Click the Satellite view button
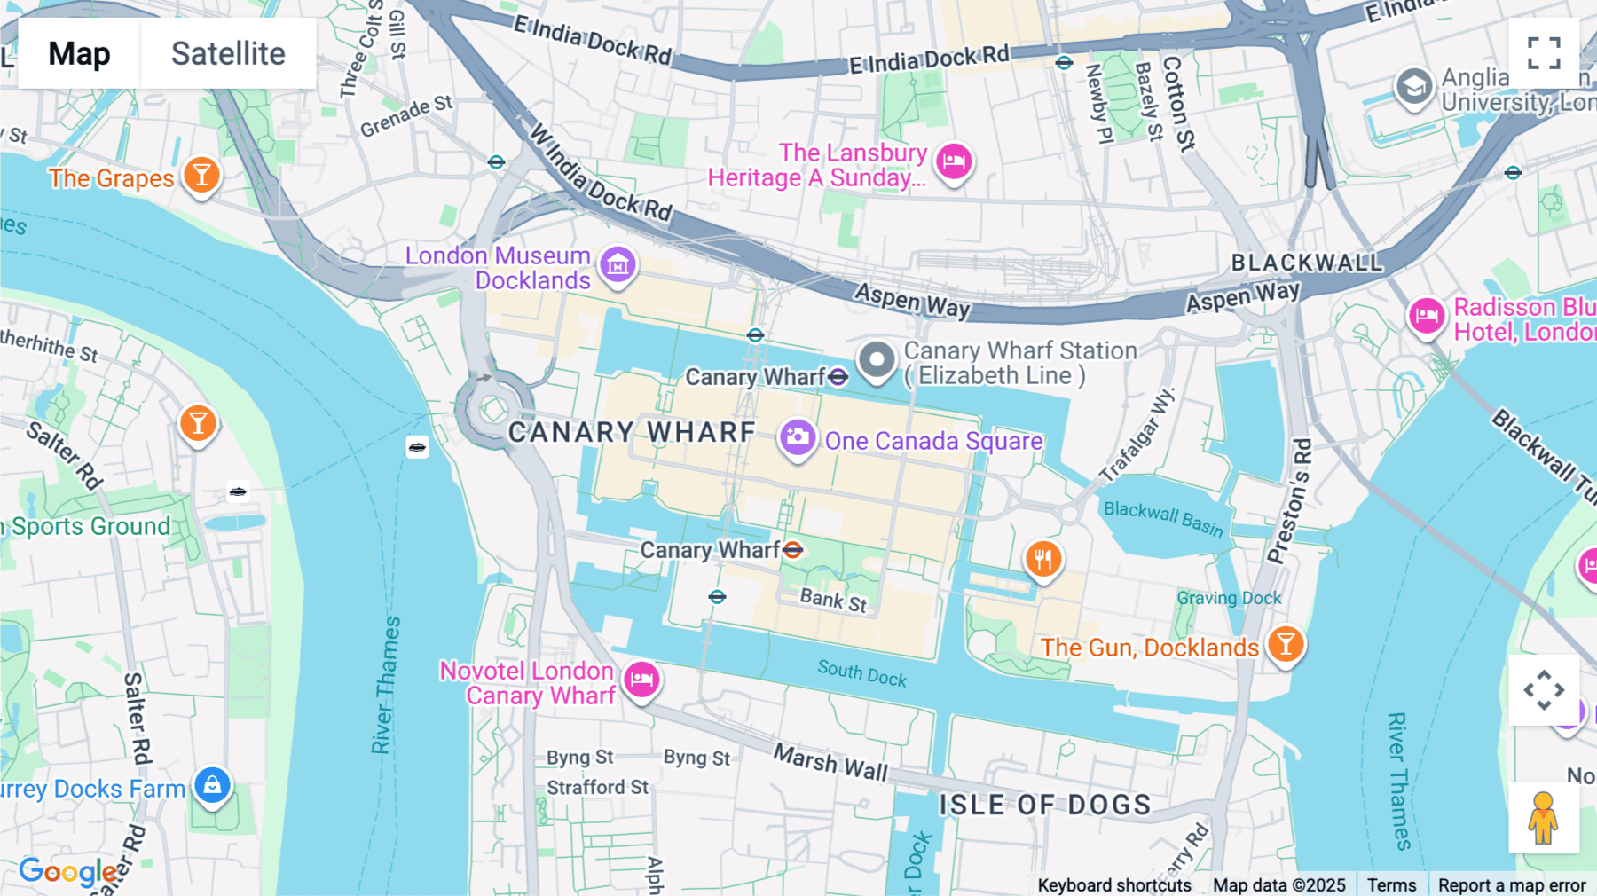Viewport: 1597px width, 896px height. (x=228, y=53)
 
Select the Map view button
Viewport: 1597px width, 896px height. (x=79, y=53)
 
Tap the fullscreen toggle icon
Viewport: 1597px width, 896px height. (x=1544, y=53)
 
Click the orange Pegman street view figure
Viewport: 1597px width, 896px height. (x=1543, y=818)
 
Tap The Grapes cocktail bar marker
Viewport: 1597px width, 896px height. (x=201, y=175)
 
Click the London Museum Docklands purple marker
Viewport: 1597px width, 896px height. (x=618, y=264)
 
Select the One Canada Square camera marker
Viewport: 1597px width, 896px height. (x=797, y=437)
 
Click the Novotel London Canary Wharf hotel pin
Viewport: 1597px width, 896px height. (x=641, y=680)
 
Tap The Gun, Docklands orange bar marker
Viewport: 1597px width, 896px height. (x=1285, y=644)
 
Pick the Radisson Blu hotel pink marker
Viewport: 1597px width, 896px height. (x=1426, y=316)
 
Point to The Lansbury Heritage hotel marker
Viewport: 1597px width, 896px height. (x=954, y=161)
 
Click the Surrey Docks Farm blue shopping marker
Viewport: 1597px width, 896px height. (x=212, y=785)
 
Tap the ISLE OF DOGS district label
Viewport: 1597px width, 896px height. (x=1044, y=805)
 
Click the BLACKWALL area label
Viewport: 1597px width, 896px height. (x=1306, y=263)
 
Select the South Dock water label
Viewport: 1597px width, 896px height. (x=861, y=673)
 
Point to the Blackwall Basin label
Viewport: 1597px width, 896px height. (x=1162, y=519)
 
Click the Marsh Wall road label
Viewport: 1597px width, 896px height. (x=830, y=762)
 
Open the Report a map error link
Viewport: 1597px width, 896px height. (x=1511, y=884)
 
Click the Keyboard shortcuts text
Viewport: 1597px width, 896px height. (x=1113, y=884)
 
